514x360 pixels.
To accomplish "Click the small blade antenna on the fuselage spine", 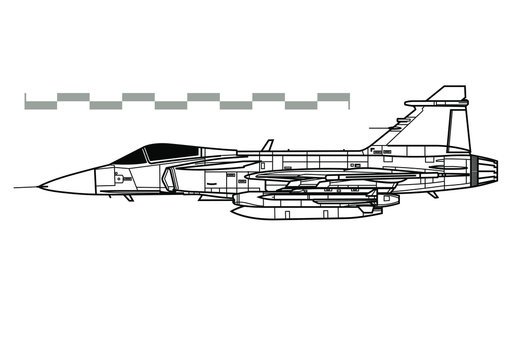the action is point(267,145).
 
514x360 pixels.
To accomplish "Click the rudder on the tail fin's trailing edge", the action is point(459,130).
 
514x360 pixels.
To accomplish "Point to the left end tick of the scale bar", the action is point(25,100).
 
